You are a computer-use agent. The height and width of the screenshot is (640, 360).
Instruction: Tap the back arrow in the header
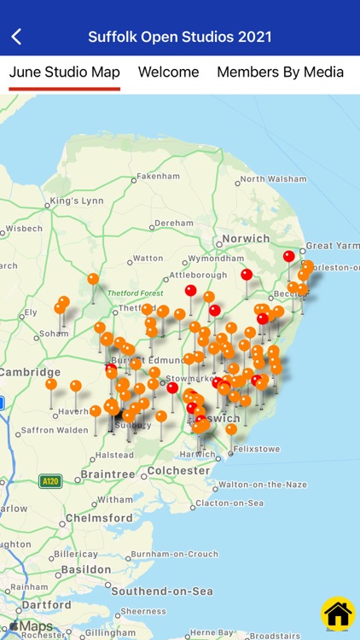click(x=16, y=37)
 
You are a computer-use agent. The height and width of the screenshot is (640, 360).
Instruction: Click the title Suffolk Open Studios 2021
click(x=180, y=37)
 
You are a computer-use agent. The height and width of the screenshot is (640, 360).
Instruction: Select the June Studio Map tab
click(x=65, y=73)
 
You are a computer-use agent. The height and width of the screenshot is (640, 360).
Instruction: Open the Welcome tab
click(x=169, y=73)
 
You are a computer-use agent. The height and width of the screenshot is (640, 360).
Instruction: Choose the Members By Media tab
click(x=280, y=73)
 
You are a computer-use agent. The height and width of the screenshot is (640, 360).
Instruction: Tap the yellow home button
click(x=338, y=613)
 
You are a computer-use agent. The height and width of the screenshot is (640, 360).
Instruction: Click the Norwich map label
click(x=246, y=239)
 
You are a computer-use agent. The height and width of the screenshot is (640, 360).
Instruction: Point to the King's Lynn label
click(x=76, y=201)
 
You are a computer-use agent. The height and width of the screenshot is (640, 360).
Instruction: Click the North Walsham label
click(x=273, y=179)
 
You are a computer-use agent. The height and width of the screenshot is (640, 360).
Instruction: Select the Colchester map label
click(x=178, y=470)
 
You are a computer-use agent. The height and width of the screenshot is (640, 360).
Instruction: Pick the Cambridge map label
click(x=30, y=372)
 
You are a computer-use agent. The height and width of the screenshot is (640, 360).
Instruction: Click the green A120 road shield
click(x=50, y=481)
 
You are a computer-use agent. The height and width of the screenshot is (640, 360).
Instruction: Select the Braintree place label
click(x=107, y=474)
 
